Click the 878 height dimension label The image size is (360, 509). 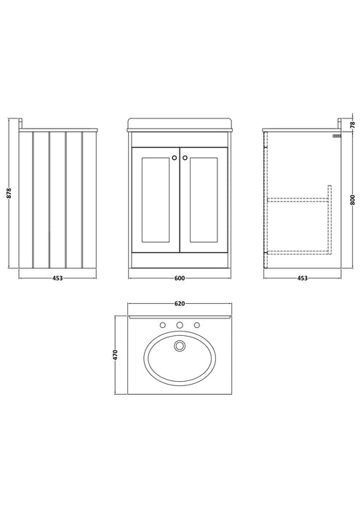[9, 193]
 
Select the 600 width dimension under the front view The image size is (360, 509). [180, 278]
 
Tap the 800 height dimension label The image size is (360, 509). [353, 199]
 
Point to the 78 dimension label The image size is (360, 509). [353, 124]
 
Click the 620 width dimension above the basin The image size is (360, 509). [180, 303]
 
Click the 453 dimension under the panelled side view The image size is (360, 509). [57, 278]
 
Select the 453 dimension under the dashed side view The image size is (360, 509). [303, 278]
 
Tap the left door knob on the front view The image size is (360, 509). [175, 158]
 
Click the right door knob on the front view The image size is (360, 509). [185, 158]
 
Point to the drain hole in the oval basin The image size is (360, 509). [179, 345]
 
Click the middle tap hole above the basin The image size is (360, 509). [180, 325]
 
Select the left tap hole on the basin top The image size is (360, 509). [163, 325]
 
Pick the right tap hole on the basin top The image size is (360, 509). [196, 325]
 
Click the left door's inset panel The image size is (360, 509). [156, 200]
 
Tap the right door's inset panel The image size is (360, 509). [204, 200]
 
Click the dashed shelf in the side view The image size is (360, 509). [298, 200]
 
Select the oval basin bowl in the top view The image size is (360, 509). [180, 358]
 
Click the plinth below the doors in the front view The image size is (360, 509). [180, 260]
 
